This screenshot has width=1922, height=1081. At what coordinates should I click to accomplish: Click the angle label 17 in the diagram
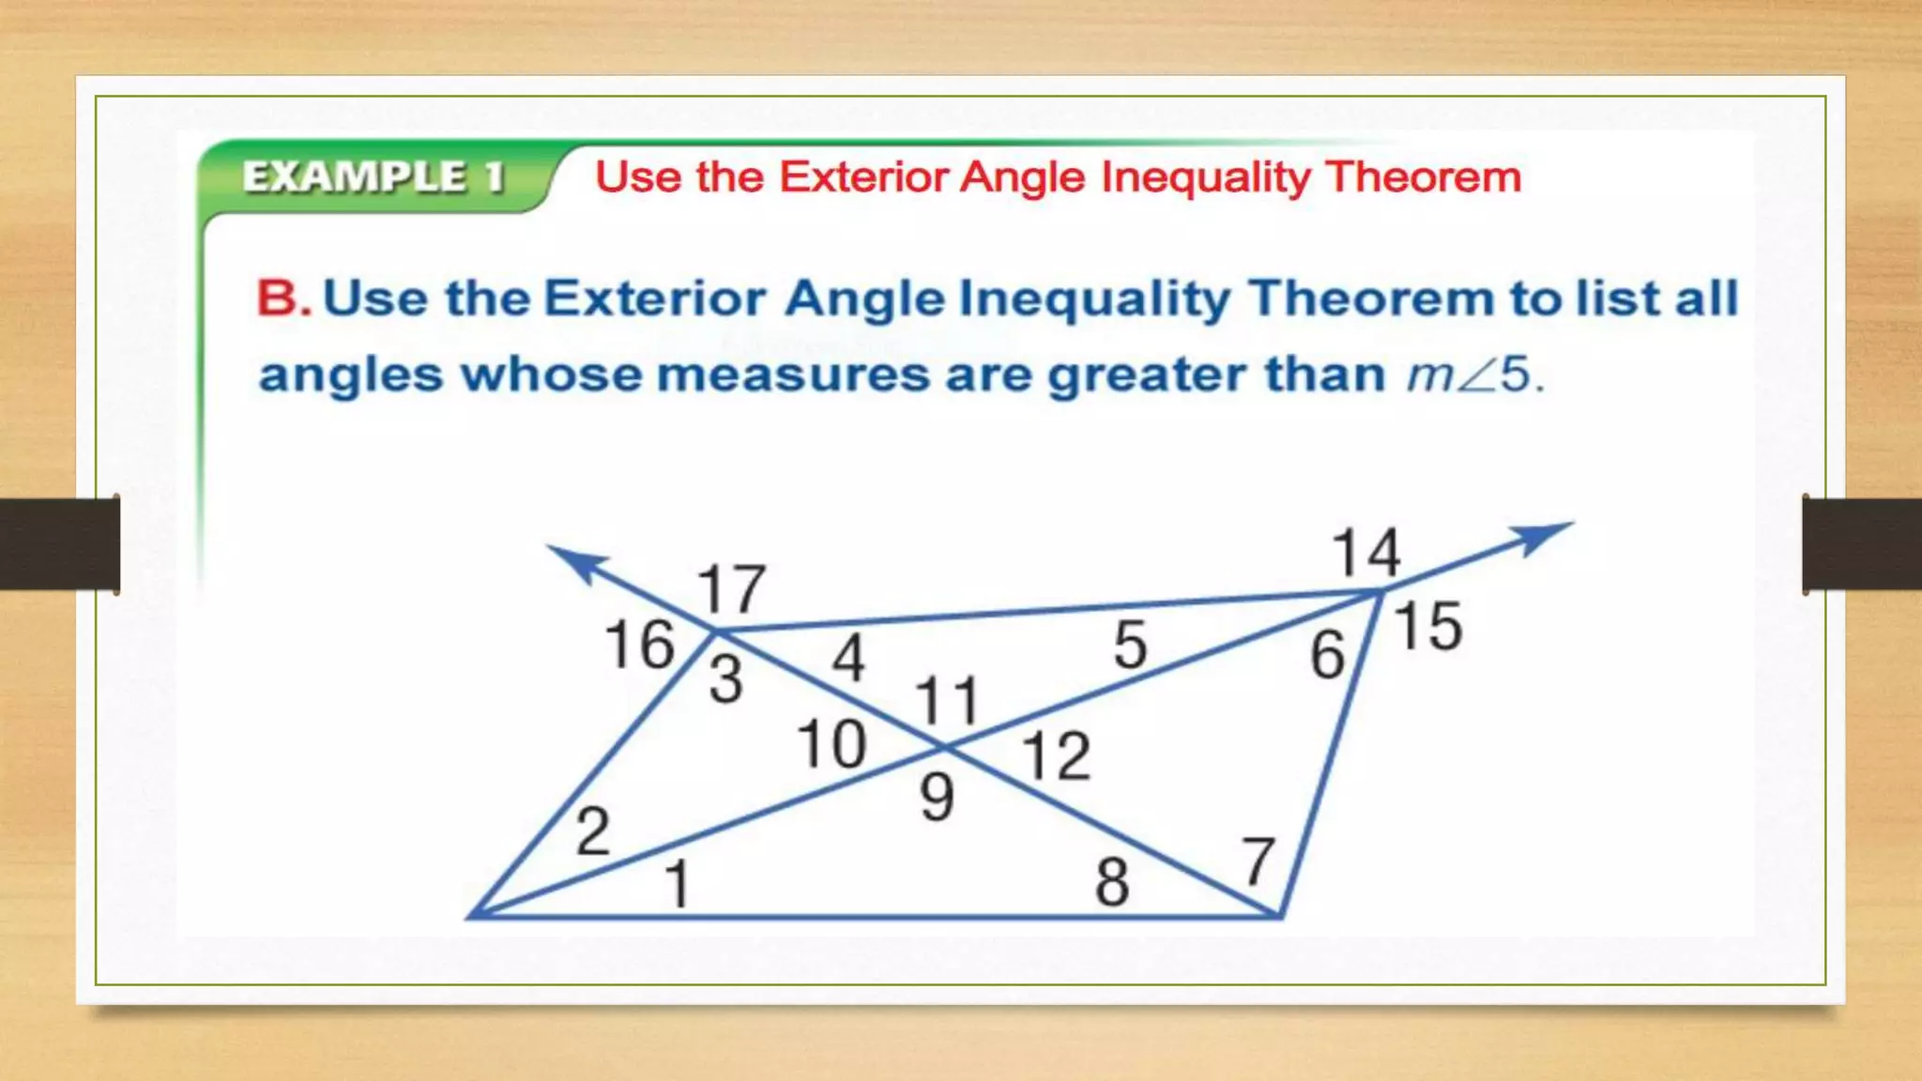[x=731, y=588]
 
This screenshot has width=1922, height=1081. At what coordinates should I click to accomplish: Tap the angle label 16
[x=639, y=645]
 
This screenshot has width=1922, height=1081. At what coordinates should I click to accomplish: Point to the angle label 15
[x=1427, y=626]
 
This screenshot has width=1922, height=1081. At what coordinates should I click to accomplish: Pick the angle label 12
[x=1056, y=755]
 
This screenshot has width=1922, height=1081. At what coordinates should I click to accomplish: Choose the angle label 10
[x=831, y=744]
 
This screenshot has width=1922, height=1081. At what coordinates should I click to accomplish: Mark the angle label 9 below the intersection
[x=937, y=798]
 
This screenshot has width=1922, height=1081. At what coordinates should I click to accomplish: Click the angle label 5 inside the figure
[x=1130, y=645]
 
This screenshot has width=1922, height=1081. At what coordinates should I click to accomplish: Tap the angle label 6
[x=1327, y=654]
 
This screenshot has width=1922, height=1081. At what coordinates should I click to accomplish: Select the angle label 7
[x=1258, y=861]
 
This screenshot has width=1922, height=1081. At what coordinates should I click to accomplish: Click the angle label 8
[x=1112, y=882]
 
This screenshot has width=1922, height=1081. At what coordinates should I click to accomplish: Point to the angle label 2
[x=592, y=831]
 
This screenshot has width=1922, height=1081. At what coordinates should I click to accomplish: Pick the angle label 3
[x=725, y=678]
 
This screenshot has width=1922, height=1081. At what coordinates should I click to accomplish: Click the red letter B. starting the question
[x=283, y=298]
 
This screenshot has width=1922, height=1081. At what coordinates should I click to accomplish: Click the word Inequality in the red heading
[x=1205, y=177]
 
